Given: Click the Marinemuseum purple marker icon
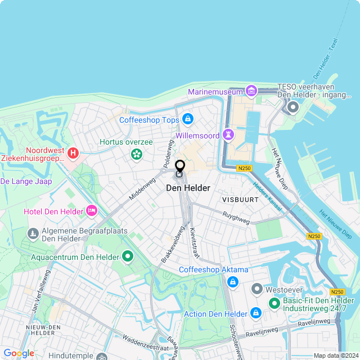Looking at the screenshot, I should click(x=251, y=91).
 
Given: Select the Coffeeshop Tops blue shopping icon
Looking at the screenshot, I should click(x=188, y=119).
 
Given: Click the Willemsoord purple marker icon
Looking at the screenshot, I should click(x=228, y=134).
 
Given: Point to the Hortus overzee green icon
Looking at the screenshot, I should click(x=136, y=154).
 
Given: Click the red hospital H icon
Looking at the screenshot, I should click(x=73, y=152).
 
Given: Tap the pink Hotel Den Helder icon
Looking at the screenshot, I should click(x=92, y=211).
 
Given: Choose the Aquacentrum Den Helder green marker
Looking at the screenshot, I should click(x=128, y=257).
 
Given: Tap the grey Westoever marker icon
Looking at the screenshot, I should click(x=257, y=289).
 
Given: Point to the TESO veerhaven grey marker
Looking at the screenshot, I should click(x=292, y=107).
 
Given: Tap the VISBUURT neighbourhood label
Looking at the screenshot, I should click(x=240, y=200).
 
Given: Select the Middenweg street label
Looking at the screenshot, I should click(x=142, y=190).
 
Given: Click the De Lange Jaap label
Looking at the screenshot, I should click(x=26, y=181).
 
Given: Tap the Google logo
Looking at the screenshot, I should click(x=19, y=353).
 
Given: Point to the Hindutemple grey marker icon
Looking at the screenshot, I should click(x=102, y=357).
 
